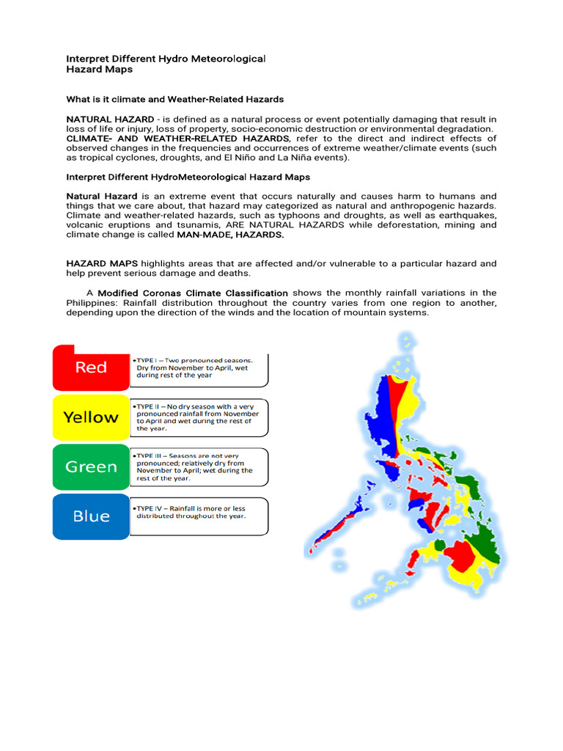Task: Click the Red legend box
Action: [91, 367]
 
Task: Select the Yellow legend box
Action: [91, 417]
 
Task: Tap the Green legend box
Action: [91, 466]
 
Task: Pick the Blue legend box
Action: [91, 516]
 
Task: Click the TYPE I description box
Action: [198, 368]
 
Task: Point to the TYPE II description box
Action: [198, 417]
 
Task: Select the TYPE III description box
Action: [198, 466]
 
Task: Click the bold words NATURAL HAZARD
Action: [110, 119]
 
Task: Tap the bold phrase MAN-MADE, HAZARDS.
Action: [229, 235]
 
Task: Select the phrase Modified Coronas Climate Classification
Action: [193, 293]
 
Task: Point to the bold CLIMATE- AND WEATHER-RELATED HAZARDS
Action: [178, 138]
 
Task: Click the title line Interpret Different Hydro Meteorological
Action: [166, 58]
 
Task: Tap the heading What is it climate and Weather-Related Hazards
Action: [174, 99]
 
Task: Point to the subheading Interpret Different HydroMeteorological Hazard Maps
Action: [188, 177]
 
